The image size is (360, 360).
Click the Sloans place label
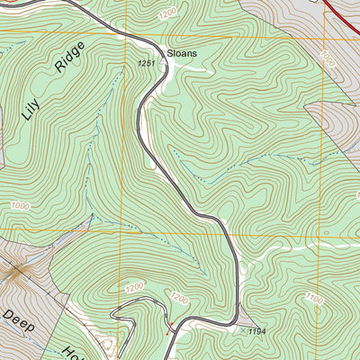(x=180, y=53)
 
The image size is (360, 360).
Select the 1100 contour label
(x=313, y=298)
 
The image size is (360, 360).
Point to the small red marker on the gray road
(x=167, y=324)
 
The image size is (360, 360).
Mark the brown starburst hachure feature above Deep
(x=16, y=270)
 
